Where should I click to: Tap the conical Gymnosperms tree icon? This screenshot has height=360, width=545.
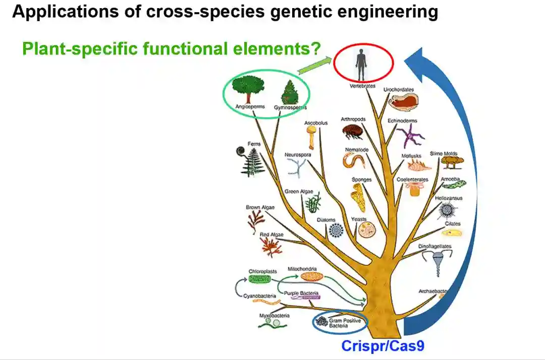click(290, 92)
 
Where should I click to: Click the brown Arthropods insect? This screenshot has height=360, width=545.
click(353, 132)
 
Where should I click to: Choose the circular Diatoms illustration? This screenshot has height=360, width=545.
click(336, 231)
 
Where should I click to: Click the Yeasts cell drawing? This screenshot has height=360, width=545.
click(366, 230)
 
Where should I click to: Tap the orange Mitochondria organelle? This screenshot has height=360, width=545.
click(311, 276)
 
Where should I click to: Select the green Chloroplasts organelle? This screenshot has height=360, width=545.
click(263, 278)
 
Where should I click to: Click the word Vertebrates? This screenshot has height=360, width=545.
click(363, 86)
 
